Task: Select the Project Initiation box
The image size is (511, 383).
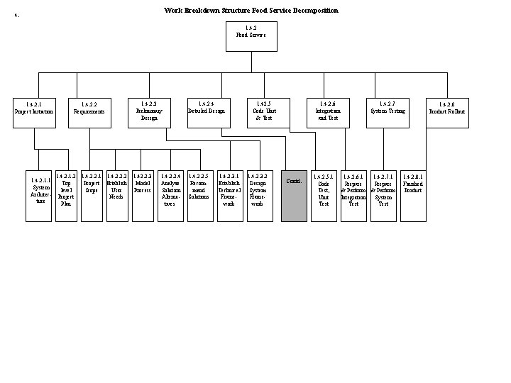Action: click(x=33, y=112)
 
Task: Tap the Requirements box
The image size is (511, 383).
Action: click(x=89, y=112)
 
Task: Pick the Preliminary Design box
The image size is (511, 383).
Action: click(x=148, y=112)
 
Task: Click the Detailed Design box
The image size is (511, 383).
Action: click(x=206, y=112)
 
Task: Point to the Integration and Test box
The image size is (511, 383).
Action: click(x=328, y=112)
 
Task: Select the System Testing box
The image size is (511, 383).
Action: click(x=388, y=112)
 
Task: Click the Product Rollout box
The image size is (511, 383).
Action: click(x=447, y=112)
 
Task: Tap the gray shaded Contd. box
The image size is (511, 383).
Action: click(x=294, y=196)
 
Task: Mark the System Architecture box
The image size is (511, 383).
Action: click(x=40, y=196)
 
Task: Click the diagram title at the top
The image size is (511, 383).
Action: click(x=251, y=11)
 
